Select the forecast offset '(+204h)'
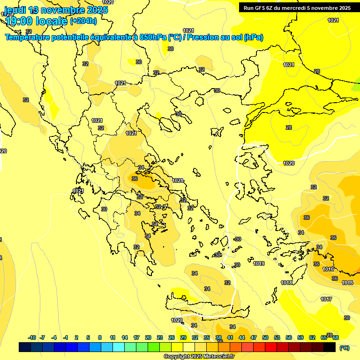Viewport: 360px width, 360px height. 83,21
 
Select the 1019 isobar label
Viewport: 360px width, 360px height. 259,264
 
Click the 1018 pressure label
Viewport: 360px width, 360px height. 286,283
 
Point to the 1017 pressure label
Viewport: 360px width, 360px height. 326,299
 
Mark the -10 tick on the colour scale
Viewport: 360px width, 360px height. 32,337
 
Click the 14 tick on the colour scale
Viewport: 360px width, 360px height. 125,337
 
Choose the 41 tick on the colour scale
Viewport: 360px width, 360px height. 230,337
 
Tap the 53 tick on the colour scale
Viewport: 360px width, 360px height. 277,337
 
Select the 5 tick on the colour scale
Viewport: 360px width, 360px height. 88,337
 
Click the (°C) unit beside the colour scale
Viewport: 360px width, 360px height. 345,348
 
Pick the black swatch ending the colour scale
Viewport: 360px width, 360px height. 330,347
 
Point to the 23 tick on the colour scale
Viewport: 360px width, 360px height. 160,337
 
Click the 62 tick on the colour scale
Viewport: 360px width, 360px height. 312,337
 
